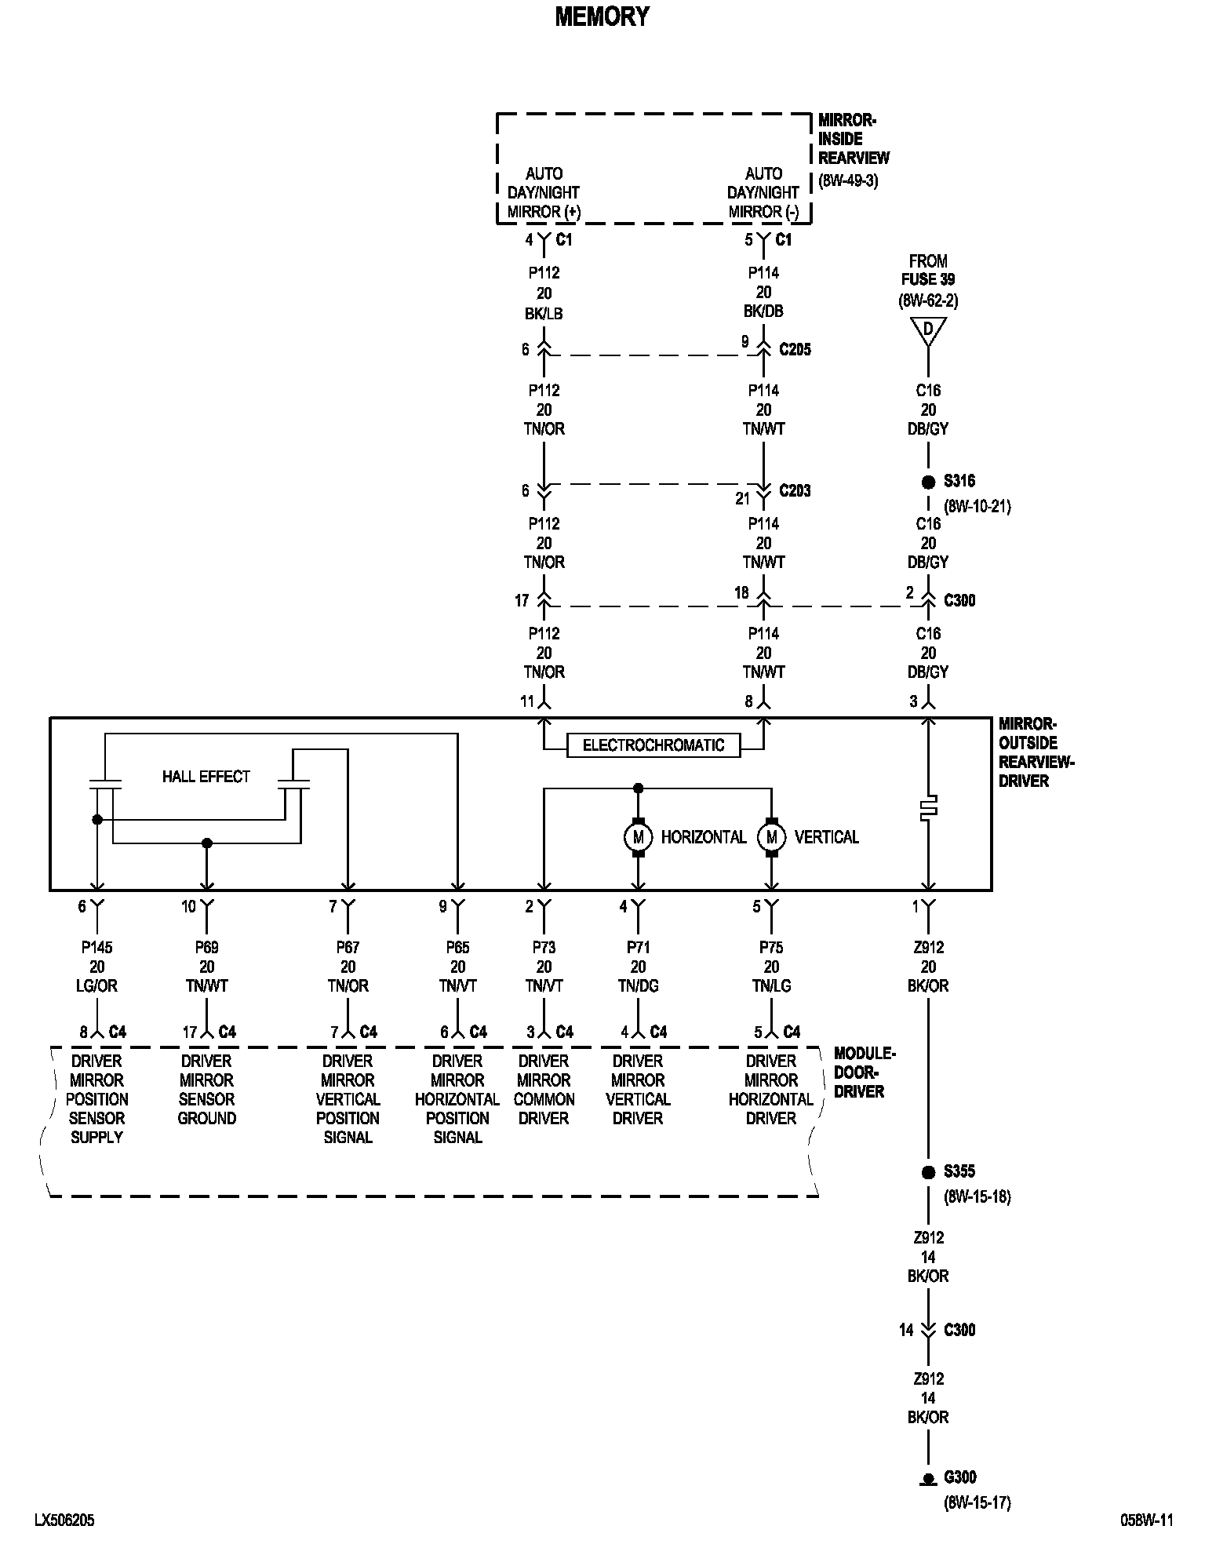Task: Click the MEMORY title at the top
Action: [x=602, y=16]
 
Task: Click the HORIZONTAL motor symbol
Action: [x=638, y=837]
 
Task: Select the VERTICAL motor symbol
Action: [x=771, y=837]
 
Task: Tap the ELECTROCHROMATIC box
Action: [x=653, y=745]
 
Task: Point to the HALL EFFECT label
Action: [x=206, y=777]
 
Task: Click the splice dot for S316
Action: [x=928, y=482]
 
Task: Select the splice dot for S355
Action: [x=928, y=1172]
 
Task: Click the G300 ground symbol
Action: [x=928, y=1478]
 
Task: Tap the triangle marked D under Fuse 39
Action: [x=928, y=330]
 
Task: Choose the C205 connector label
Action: [x=795, y=350]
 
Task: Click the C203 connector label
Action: [x=795, y=491]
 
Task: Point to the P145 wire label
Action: [x=96, y=947]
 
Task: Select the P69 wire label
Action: [x=206, y=947]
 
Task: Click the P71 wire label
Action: [x=638, y=947]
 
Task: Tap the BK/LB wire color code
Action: [x=544, y=313]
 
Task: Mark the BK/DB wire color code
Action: [x=763, y=311]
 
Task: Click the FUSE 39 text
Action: [x=928, y=279]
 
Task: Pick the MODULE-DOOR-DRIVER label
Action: [x=864, y=1072]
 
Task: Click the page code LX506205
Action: [x=64, y=1520]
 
